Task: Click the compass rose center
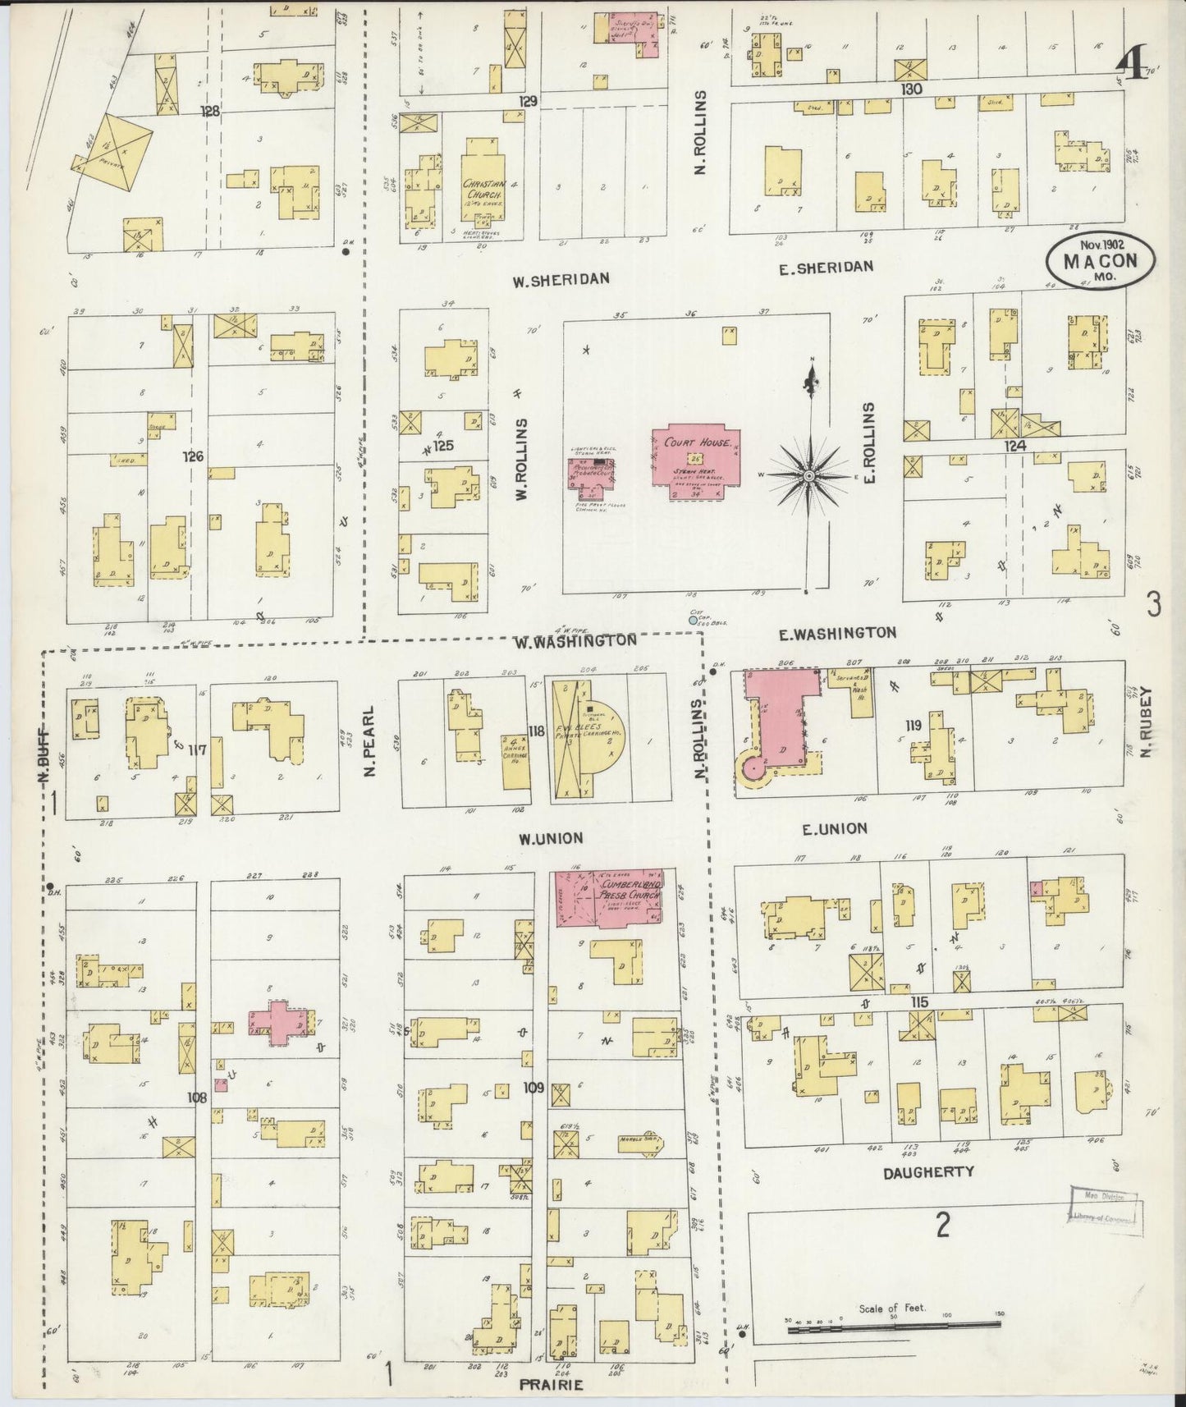pyautogui.click(x=809, y=475)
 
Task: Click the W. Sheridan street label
pyautogui.click(x=561, y=279)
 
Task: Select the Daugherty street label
pyautogui.click(x=928, y=1172)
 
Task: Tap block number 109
pyautogui.click(x=533, y=1088)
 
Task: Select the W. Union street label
pyautogui.click(x=550, y=838)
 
